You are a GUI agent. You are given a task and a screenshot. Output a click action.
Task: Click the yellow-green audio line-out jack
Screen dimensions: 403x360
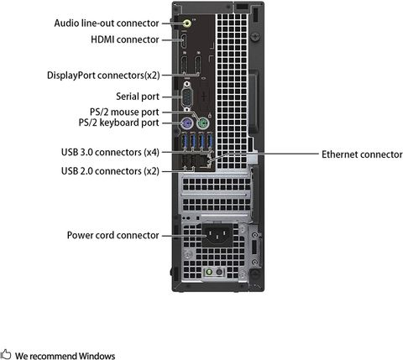tap(187, 23)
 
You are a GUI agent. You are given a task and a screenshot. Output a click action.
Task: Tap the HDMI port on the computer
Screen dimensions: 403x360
tap(184, 41)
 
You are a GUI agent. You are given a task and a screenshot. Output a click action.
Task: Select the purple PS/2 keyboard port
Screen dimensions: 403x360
tap(186, 123)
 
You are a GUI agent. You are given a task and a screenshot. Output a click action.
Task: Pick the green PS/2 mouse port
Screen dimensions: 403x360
tap(202, 123)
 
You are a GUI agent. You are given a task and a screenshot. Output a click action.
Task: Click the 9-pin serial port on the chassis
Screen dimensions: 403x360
tap(187, 97)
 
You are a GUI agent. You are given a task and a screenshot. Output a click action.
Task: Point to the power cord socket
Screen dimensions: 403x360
tap(217, 235)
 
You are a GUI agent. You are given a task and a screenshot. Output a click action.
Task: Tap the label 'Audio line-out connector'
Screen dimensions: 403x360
tap(107, 23)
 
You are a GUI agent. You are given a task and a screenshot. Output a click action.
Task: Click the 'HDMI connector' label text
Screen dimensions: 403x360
tap(125, 39)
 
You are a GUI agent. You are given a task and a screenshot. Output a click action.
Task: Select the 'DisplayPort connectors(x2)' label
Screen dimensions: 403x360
tap(103, 76)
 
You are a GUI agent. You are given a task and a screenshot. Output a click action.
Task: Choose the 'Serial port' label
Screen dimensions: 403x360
tap(138, 97)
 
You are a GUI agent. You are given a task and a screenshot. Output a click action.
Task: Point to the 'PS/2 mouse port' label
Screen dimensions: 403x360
tap(124, 112)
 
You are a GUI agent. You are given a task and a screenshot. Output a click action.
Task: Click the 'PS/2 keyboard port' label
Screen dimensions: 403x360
tap(118, 123)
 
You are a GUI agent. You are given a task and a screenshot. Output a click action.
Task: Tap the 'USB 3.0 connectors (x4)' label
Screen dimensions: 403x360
tap(110, 153)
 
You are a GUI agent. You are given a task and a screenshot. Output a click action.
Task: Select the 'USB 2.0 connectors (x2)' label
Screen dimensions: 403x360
tap(110, 171)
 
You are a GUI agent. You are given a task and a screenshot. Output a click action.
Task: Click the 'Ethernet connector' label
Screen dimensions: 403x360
tap(362, 154)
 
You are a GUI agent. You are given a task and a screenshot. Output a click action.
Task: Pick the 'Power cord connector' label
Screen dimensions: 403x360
tap(113, 235)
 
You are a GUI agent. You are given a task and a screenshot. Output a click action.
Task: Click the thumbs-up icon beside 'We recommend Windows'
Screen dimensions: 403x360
tap(5, 354)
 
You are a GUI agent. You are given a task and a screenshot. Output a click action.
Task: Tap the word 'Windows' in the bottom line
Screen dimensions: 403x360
tap(97, 356)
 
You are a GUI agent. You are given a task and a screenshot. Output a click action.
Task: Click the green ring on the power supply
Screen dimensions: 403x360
tap(208, 272)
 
